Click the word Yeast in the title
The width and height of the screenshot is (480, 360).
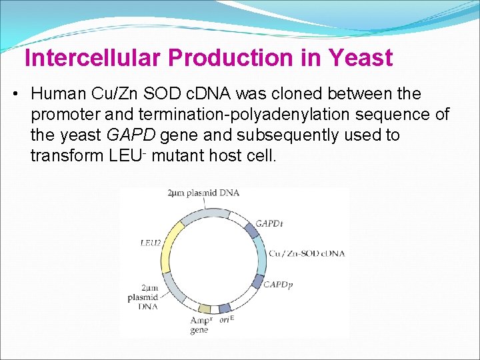coord(360,58)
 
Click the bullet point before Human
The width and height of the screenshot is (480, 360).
coord(15,94)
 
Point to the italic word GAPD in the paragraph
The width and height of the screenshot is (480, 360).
coord(131,135)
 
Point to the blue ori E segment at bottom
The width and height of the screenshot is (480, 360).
coord(225,308)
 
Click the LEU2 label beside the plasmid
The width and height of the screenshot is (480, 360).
coord(151,243)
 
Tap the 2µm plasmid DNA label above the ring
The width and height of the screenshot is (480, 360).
coord(203,193)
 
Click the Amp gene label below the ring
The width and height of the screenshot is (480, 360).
coord(199,325)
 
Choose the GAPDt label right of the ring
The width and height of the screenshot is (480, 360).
coord(269,223)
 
